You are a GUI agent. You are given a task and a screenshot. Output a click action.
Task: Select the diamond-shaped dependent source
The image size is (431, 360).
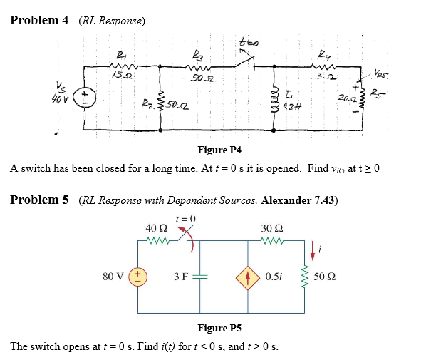pyautogui.click(x=249, y=275)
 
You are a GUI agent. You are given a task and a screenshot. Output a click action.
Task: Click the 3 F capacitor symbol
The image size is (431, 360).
pyautogui.click(x=200, y=275)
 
